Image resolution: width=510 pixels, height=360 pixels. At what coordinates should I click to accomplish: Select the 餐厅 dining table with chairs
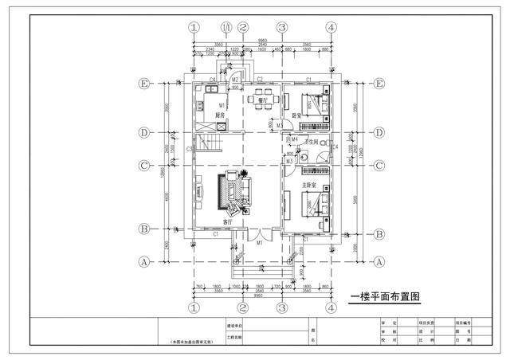(x=259, y=100)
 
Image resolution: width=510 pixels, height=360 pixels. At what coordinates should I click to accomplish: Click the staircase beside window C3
(x=208, y=146)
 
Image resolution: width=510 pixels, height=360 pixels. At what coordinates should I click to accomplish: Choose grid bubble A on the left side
(x=144, y=261)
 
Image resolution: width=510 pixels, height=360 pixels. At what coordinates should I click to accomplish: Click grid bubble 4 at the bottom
(x=330, y=307)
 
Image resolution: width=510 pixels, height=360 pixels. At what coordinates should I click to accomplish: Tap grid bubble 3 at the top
(x=281, y=27)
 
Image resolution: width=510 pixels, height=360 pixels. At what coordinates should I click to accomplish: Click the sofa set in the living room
(x=232, y=192)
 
